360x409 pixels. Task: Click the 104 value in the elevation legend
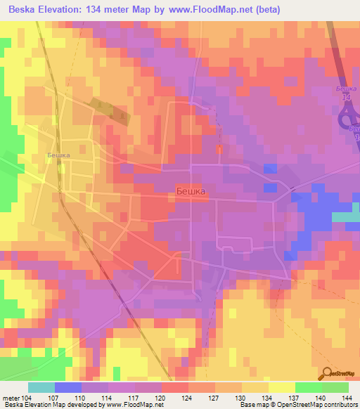click(x=27, y=398)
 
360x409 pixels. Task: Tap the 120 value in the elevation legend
click(x=162, y=398)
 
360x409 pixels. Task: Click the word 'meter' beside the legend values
click(x=11, y=398)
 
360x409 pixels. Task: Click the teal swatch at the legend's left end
click(x=41, y=387)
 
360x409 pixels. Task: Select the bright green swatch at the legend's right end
click(x=335, y=387)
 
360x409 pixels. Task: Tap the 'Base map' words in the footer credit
click(x=252, y=405)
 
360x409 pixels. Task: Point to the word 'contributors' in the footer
click(x=340, y=405)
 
